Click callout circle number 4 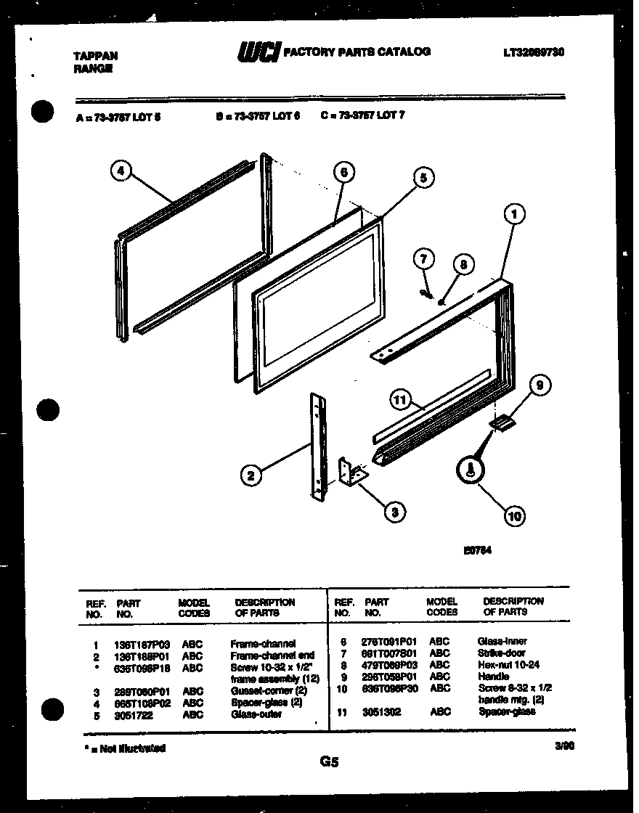pos(121,172)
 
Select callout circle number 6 pos(343,172)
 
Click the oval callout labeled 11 pos(400,400)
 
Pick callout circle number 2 pos(251,475)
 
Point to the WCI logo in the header pos(257,53)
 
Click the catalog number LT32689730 pos(533,52)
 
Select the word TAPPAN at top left pos(95,55)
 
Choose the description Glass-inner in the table pos(502,641)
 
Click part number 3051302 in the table pos(381,712)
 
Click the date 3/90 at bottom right pos(563,744)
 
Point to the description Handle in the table pos(494,677)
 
